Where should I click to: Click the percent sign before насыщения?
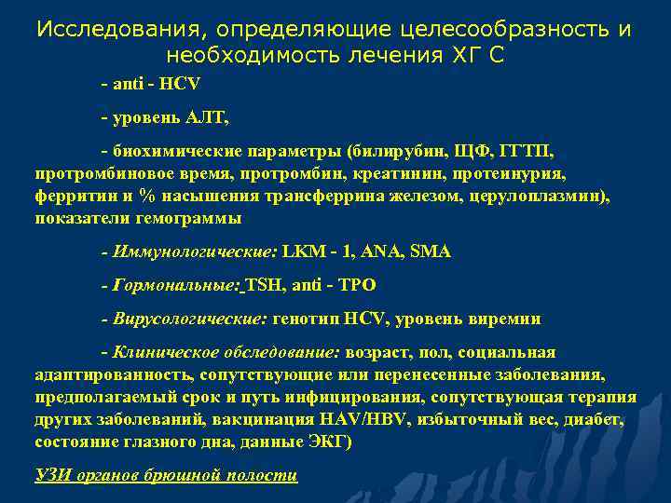pos(146,196)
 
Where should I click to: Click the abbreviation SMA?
pos(431,252)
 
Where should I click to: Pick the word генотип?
pos(306,319)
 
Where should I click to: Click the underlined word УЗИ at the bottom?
pos(54,475)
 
